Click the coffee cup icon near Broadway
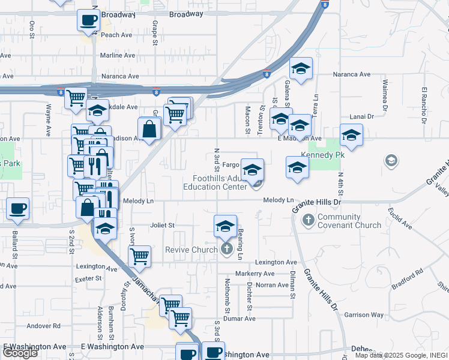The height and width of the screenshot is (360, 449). coord(88,20)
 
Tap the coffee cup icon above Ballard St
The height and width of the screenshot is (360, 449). coord(17,208)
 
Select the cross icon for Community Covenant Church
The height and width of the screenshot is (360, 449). coord(309,220)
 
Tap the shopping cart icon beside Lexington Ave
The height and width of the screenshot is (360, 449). coord(139,256)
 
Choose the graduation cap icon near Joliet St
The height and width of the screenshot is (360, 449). coord(225,226)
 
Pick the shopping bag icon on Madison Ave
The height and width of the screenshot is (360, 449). coord(149,128)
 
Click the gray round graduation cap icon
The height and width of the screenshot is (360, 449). coord(391,161)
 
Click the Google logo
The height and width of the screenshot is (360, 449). coord(20,353)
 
